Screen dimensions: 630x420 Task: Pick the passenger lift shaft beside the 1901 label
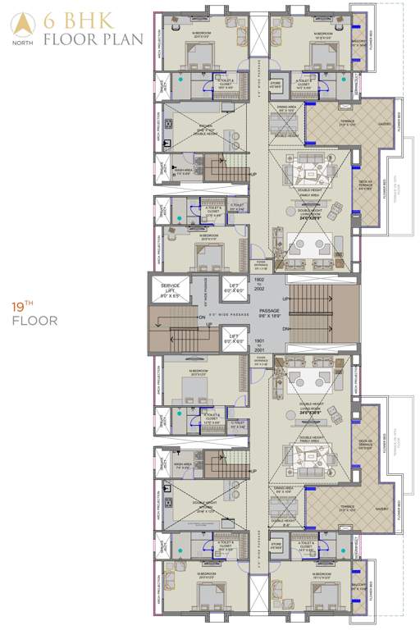point(235,336)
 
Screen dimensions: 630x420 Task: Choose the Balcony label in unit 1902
point(358,46)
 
